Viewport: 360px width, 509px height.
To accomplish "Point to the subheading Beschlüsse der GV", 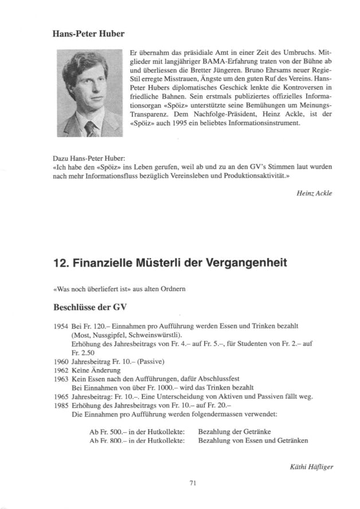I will point(87,305).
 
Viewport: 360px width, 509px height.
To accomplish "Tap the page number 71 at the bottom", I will point(193,484).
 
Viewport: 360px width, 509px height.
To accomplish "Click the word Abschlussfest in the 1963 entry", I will point(218,379).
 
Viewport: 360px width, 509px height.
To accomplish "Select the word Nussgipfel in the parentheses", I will point(111,334).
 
